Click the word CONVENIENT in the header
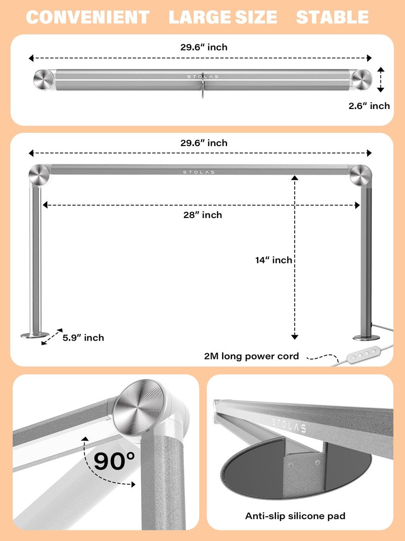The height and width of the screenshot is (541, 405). [88, 17]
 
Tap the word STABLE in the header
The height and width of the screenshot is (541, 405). [332, 17]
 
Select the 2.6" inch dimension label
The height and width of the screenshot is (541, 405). [369, 106]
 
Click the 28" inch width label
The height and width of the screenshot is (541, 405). [202, 215]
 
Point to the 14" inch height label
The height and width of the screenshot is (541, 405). [274, 260]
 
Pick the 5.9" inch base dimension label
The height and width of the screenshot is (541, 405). [84, 338]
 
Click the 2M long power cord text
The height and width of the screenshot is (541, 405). [252, 356]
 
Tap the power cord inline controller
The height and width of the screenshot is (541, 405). [361, 355]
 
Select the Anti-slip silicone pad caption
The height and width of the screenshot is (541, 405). [295, 516]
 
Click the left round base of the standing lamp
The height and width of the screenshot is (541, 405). [35, 335]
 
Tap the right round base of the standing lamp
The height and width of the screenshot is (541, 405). [366, 337]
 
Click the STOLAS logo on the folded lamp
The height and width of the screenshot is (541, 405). [203, 77]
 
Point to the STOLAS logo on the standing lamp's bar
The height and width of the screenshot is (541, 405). [199, 172]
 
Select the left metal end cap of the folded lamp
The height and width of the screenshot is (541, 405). [44, 80]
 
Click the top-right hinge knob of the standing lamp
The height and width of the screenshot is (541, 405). [360, 175]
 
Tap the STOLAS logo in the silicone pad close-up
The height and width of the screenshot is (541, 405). [289, 425]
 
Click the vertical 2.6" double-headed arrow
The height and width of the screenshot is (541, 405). [381, 80]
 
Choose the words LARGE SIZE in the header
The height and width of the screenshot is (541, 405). [223, 17]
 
